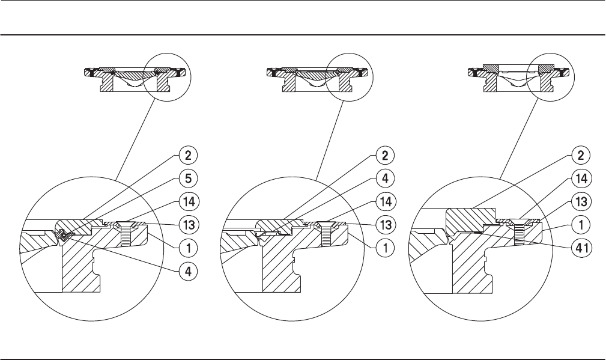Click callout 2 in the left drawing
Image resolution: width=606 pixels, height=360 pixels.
click(x=187, y=155)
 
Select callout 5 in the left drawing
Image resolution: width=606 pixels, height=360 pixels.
click(x=187, y=178)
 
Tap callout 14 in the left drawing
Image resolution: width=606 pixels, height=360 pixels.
click(x=187, y=201)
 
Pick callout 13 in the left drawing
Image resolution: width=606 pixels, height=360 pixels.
click(x=187, y=224)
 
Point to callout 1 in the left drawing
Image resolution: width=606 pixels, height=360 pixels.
click(x=187, y=246)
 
